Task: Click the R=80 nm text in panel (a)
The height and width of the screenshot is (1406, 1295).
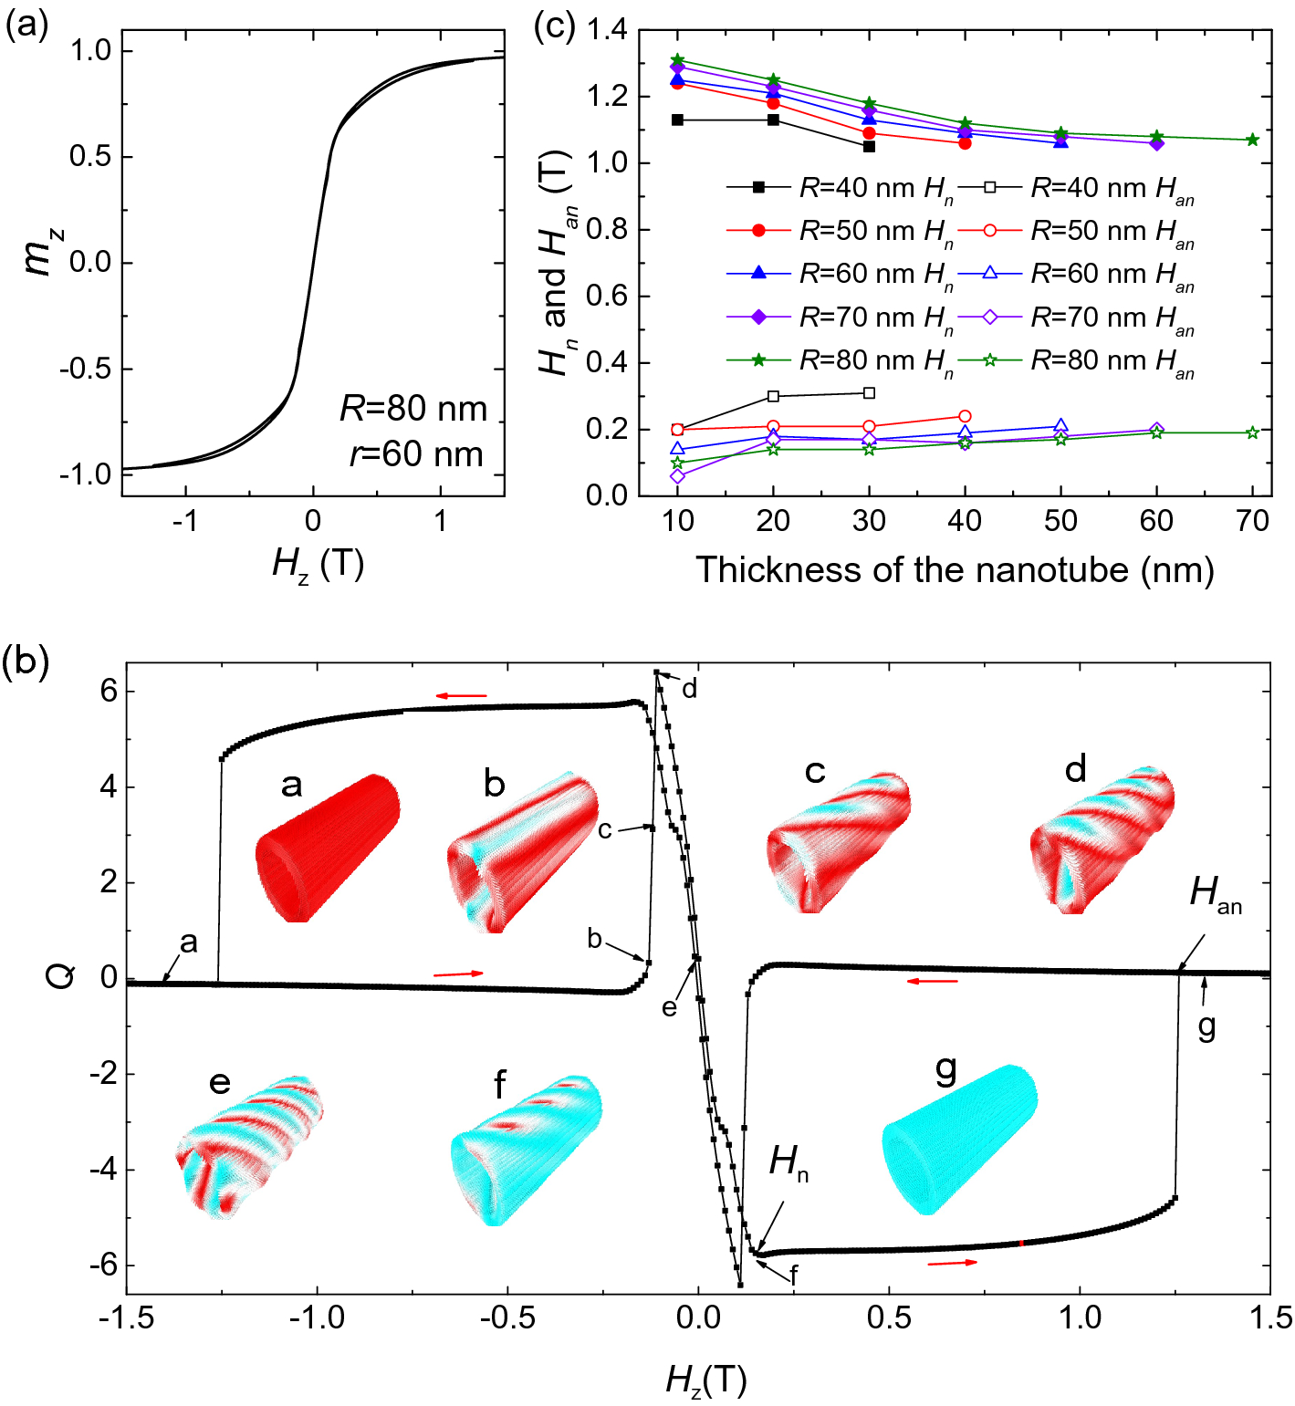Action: tap(414, 408)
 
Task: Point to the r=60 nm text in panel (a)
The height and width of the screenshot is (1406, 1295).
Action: tap(416, 453)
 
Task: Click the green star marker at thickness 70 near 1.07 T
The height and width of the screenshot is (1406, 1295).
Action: tap(1252, 140)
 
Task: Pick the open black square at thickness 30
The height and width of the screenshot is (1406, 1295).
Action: tap(869, 393)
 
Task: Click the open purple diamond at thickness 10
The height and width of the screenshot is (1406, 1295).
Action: tap(677, 475)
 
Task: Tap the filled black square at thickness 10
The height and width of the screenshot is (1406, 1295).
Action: tap(677, 120)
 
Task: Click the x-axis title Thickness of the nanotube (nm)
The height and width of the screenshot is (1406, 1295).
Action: tap(955, 570)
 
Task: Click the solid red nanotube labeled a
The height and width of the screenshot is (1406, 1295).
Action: tap(326, 848)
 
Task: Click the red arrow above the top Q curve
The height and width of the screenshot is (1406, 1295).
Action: tap(461, 696)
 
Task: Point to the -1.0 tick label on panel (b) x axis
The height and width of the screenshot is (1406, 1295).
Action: tap(318, 1317)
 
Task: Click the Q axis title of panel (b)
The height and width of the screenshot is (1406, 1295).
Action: tap(60, 978)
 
